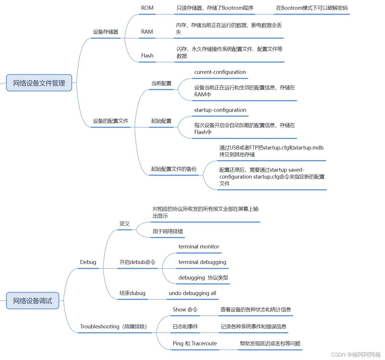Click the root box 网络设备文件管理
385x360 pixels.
coord(39,83)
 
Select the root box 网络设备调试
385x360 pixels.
coord(32,300)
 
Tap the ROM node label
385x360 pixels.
coord(147,8)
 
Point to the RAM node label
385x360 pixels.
coord(147,32)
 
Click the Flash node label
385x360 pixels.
coord(147,56)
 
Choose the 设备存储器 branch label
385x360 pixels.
coord(105,32)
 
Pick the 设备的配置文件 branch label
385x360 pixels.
coord(111,121)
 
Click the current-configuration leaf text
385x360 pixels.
coord(220,72)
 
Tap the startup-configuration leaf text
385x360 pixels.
coord(220,110)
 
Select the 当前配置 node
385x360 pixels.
coord(161,83)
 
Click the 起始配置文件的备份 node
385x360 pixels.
coord(174,169)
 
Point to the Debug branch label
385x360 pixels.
coord(88,262)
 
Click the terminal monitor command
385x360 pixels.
coord(199,247)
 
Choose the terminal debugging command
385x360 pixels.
coord(202,262)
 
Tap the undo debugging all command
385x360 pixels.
coord(192,293)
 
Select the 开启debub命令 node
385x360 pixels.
coord(137,262)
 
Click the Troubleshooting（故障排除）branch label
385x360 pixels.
coord(113,327)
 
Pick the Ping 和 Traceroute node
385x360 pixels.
coord(195,344)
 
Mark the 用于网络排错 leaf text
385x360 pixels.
coord(168,231)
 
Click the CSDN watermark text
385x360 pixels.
coord(356,355)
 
